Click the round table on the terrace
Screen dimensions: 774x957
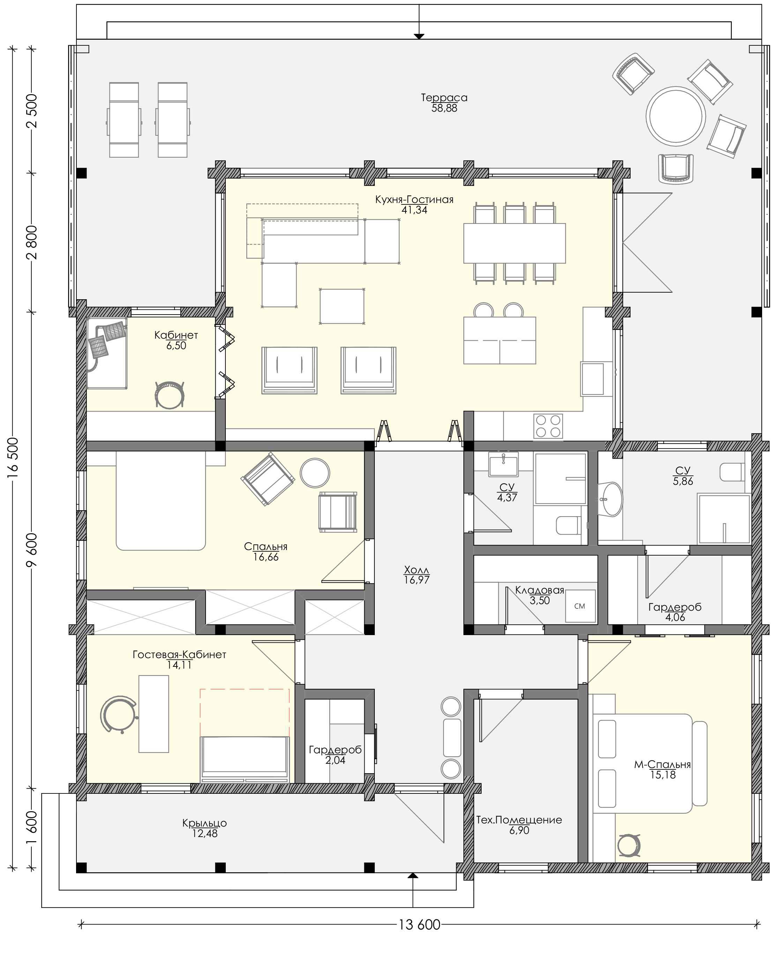click(676, 116)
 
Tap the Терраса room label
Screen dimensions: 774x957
click(444, 98)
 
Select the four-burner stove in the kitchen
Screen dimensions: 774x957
click(548, 426)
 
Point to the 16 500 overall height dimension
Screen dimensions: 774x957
click(13, 458)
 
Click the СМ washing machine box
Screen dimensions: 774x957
click(580, 606)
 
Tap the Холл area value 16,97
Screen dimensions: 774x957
click(416, 580)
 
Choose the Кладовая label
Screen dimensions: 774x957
click(539, 590)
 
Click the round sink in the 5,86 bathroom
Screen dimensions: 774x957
click(610, 499)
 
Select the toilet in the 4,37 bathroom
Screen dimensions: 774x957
click(568, 525)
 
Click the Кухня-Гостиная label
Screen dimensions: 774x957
click(414, 199)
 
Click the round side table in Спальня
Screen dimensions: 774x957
click(315, 473)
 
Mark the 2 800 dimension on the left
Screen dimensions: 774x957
click(32, 242)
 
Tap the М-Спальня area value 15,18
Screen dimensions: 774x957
click(663, 775)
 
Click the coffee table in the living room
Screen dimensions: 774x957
click(342, 306)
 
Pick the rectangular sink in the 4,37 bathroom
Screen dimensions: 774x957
click(503, 464)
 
